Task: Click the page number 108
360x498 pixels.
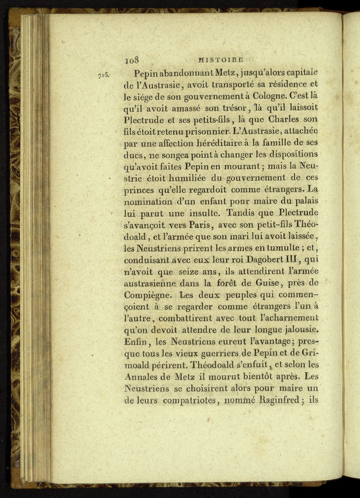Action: (132, 59)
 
